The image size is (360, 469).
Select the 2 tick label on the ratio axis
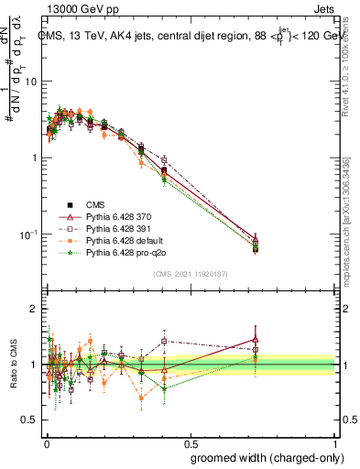click(34, 309)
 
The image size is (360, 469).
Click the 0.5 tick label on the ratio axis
click(30, 420)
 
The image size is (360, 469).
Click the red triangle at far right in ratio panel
click(256, 339)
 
